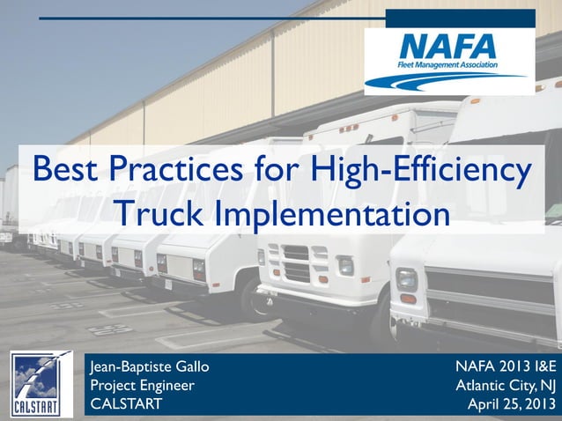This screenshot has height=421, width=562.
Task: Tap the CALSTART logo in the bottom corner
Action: [41, 384]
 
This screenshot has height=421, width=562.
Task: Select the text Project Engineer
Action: [143, 385]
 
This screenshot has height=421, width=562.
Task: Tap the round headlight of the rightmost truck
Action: [406, 279]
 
